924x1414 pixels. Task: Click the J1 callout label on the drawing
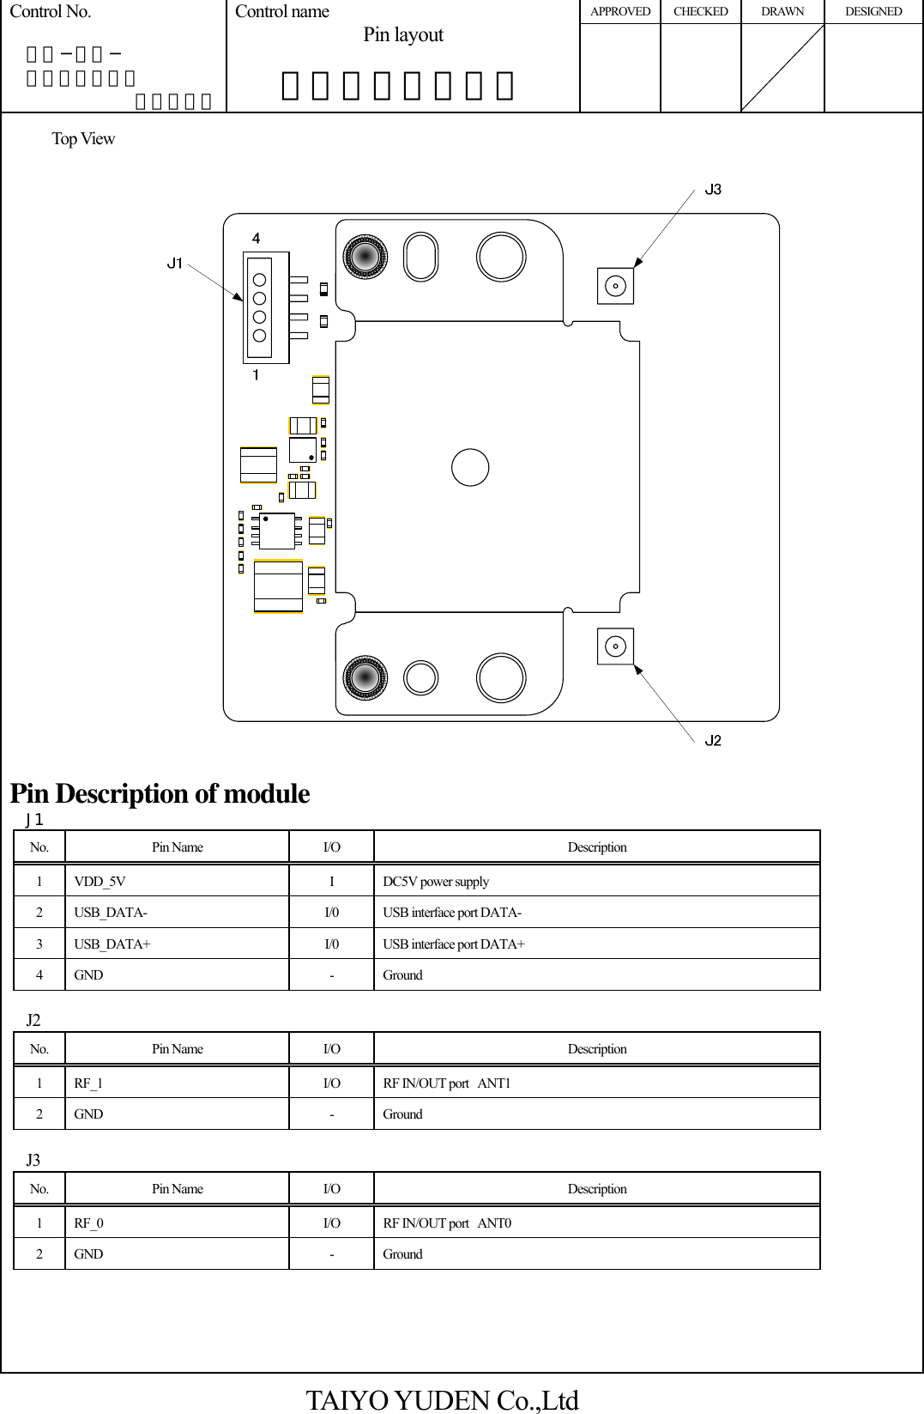point(175,263)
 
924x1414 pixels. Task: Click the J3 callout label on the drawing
point(713,189)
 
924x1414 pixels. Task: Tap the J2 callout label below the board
point(713,740)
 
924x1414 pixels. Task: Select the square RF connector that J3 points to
point(615,286)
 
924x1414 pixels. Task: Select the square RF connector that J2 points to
point(615,646)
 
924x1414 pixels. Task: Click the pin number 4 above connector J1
point(256,238)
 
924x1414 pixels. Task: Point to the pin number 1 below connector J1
point(256,375)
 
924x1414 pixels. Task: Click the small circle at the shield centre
point(470,468)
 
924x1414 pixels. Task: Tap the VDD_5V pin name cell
point(100,882)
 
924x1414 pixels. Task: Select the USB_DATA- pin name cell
point(111,913)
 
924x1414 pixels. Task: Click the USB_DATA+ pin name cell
point(112,944)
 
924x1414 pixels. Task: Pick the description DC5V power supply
point(436,882)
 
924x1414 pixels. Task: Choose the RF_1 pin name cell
point(88,1083)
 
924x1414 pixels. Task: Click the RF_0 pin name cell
point(88,1223)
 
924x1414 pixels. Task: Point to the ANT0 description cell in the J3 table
point(447,1223)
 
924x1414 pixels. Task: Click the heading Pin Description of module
point(160,793)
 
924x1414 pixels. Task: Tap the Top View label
point(83,139)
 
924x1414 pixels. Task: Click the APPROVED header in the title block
point(620,12)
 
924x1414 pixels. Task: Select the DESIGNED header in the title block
point(873,12)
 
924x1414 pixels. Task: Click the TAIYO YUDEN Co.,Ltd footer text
point(443,1400)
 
